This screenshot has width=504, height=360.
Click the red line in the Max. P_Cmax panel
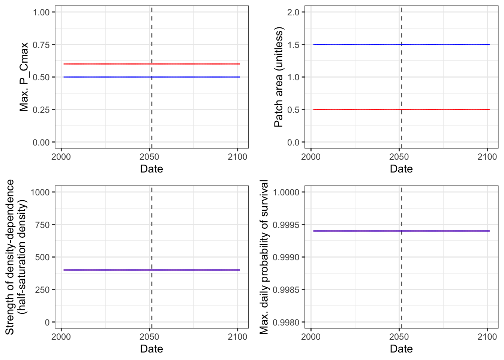click(152, 64)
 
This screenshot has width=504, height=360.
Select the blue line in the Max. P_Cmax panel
click(152, 77)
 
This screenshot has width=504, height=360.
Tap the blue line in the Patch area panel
click(402, 45)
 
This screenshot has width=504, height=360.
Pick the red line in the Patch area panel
click(402, 109)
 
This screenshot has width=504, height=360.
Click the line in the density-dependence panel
click(152, 270)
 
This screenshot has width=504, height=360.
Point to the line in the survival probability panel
click(402, 231)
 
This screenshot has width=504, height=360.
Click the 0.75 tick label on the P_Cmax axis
click(41, 45)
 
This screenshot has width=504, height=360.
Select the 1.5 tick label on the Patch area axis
click(293, 45)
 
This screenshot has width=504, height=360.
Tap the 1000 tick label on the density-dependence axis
click(40, 192)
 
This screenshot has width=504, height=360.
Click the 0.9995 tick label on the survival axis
click(286, 225)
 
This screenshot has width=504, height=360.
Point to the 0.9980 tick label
click(286, 322)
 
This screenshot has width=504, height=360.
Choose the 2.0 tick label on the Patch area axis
click(293, 12)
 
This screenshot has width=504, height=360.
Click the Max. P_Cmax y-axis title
click(24, 77)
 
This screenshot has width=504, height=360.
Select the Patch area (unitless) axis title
click(279, 77)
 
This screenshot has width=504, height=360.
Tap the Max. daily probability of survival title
click(264, 257)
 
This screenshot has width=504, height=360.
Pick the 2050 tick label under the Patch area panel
click(399, 157)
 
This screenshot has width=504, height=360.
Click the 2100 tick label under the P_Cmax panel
click(237, 157)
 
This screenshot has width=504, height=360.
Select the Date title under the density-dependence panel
click(151, 349)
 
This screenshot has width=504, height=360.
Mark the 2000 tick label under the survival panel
click(311, 337)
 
